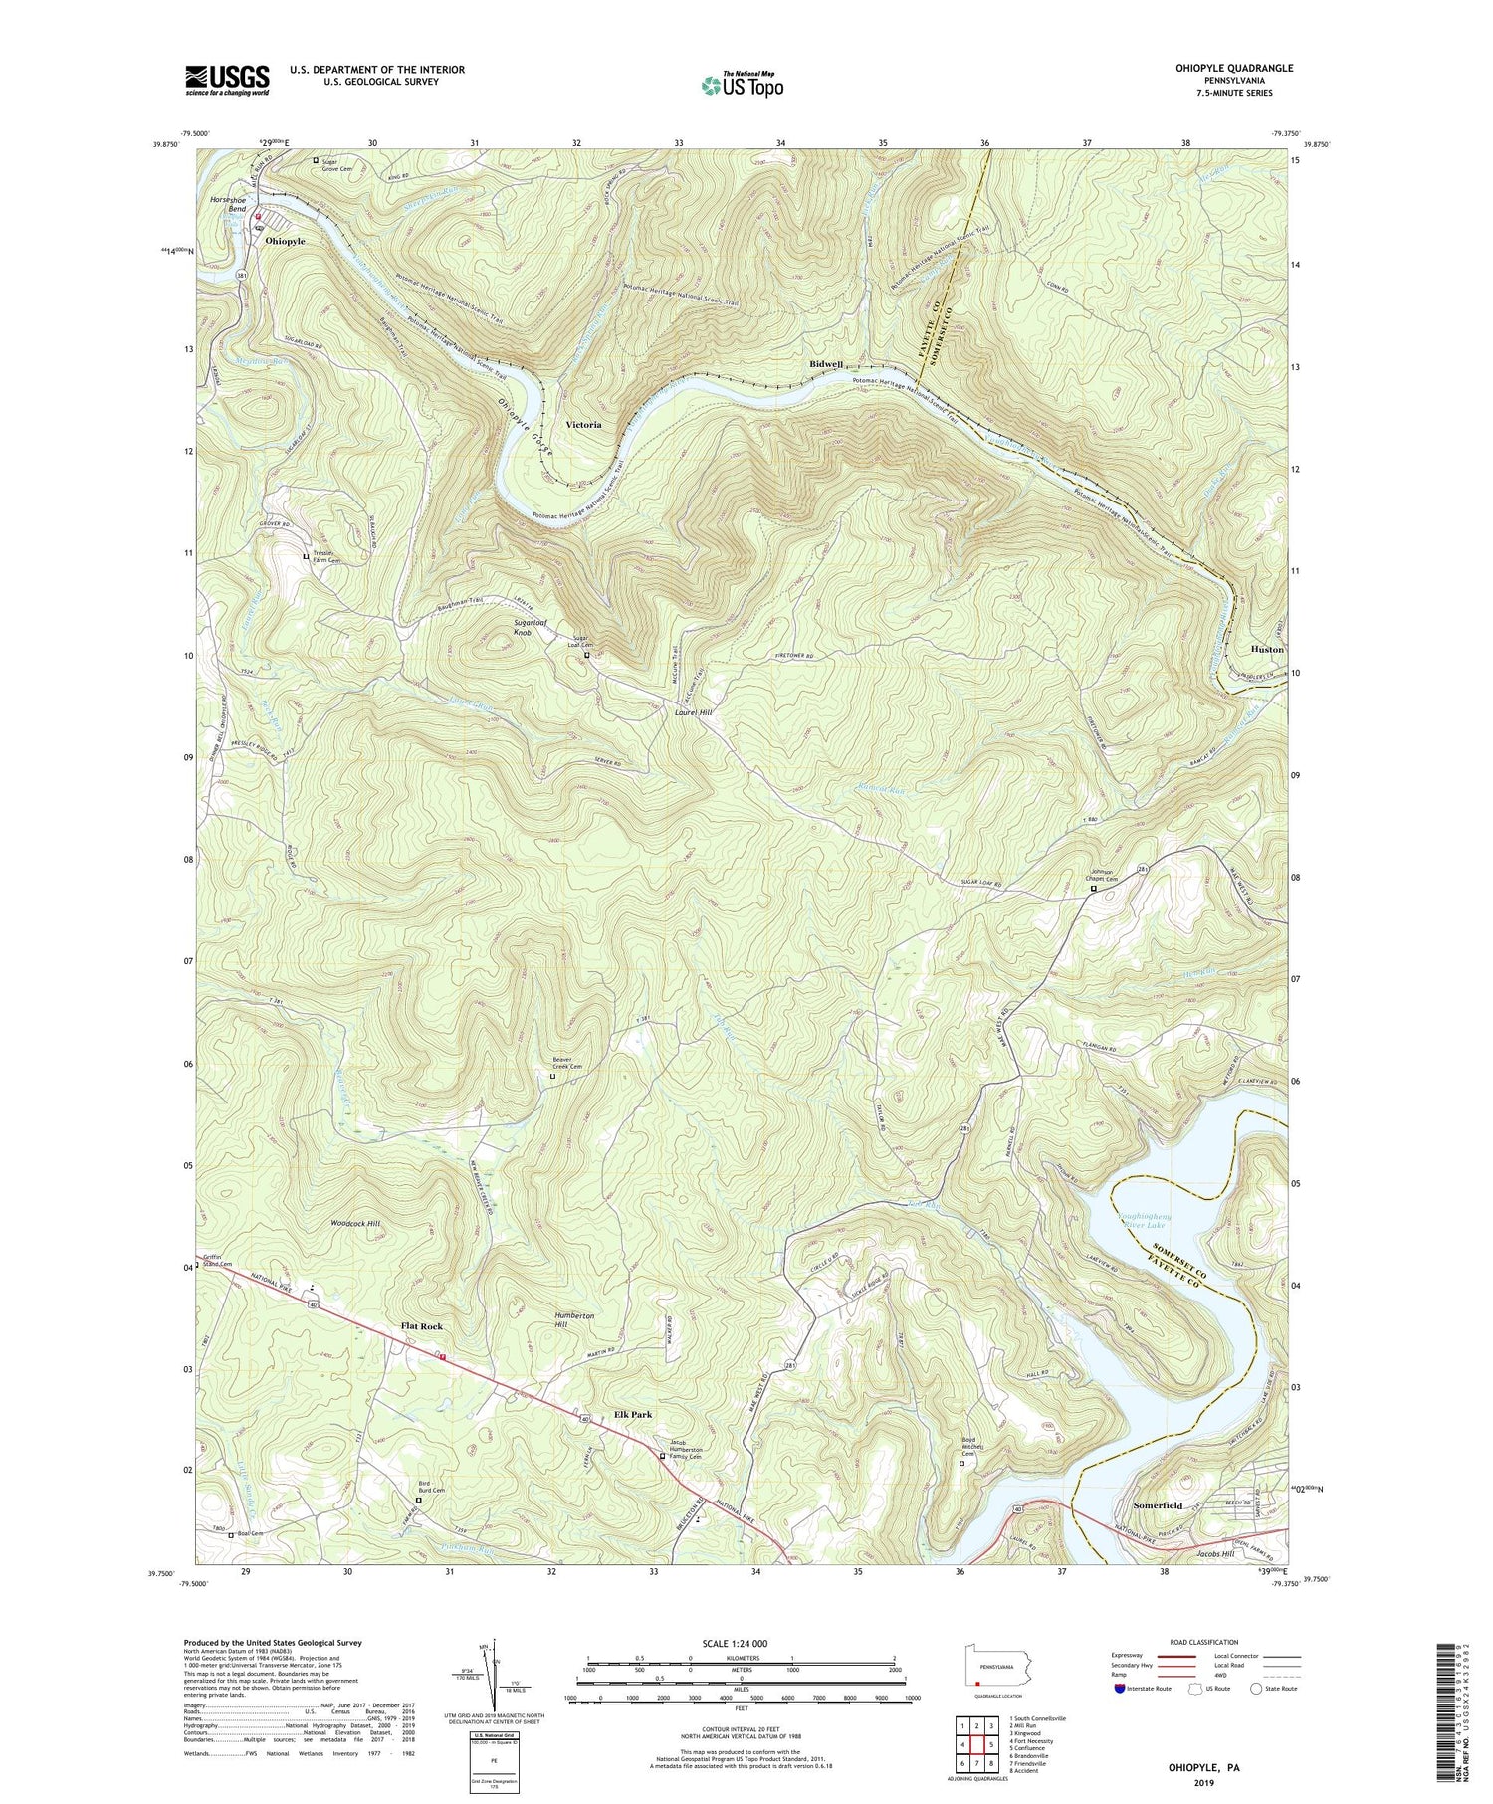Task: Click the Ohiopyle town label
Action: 285,241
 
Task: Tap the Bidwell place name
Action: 827,365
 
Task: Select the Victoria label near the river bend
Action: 583,424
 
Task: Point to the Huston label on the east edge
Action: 1266,649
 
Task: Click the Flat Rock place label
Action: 421,1327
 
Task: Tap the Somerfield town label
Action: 1158,1505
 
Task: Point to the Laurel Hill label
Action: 693,713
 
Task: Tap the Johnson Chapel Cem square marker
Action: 1092,891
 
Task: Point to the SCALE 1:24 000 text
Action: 741,1643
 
